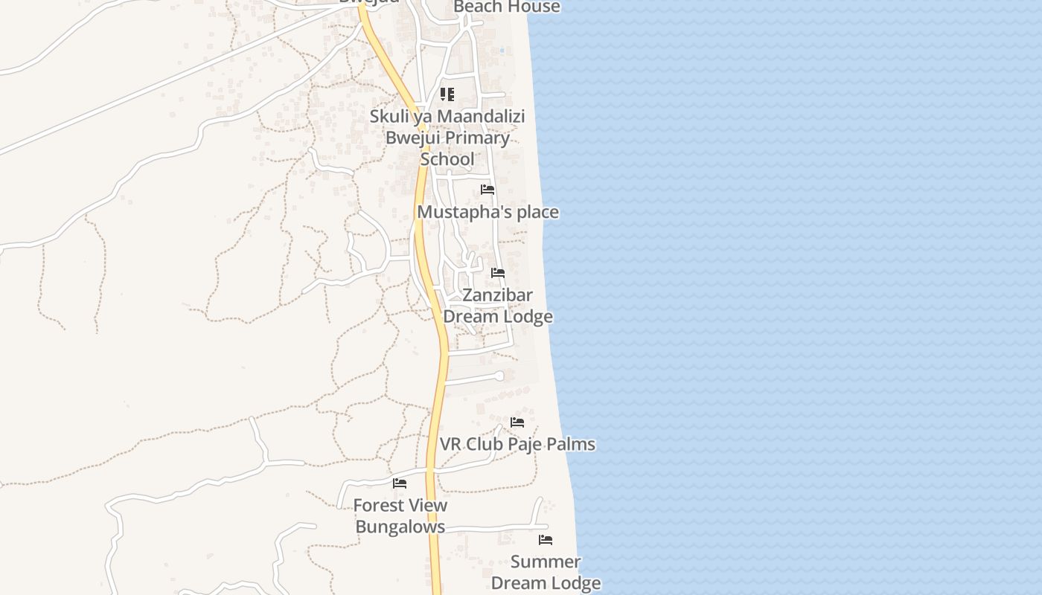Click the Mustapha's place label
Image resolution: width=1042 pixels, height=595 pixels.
coord(488,213)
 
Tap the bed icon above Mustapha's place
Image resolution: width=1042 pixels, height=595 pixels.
coord(488,190)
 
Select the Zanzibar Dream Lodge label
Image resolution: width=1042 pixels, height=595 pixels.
coord(498,306)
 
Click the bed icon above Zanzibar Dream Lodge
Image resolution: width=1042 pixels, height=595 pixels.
coord(498,273)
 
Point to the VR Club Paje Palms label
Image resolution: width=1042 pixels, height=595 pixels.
coord(517,445)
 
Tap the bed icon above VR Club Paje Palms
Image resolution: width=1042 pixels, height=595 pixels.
coord(517,422)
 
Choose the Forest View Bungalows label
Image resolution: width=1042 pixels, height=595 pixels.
coord(400,516)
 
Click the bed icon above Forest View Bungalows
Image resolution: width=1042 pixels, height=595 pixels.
coord(400,483)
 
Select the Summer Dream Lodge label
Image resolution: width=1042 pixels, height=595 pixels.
coord(546,573)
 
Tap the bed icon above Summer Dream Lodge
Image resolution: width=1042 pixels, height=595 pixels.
coord(546,540)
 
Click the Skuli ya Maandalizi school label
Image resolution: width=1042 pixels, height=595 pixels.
coord(447,117)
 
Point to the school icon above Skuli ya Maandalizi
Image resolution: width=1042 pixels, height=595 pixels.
coord(447,94)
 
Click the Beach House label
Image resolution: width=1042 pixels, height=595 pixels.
coord(506,7)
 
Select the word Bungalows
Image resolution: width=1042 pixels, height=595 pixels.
coord(400,527)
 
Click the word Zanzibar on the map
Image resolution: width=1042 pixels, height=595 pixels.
coord(498,295)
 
